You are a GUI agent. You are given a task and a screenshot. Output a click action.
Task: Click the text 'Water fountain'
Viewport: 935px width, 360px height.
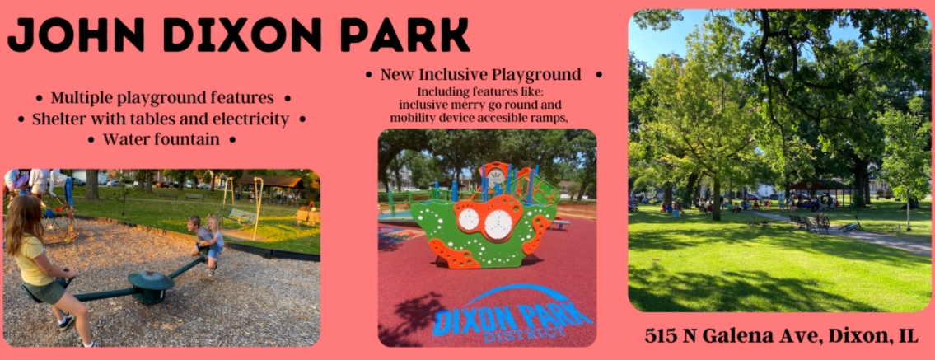pos(161,139)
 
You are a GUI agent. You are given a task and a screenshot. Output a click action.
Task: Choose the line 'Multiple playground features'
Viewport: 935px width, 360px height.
pos(162,98)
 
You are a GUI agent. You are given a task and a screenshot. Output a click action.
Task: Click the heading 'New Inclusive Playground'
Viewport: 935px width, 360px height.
pos(480,74)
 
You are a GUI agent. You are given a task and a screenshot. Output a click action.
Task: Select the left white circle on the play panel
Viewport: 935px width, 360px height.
pos(469,219)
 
